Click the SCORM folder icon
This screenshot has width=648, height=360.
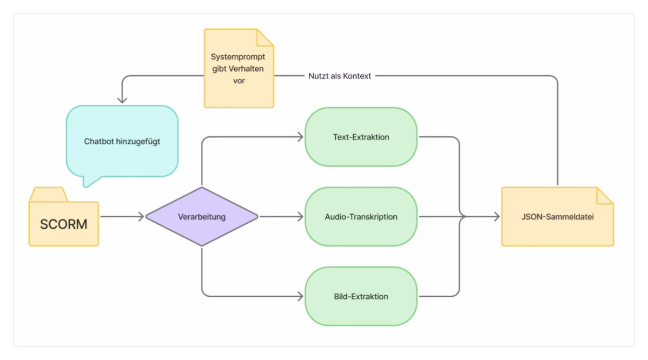pyautogui.click(x=64, y=223)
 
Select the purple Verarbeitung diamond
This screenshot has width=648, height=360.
pyautogui.click(x=202, y=217)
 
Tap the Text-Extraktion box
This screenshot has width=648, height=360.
pyautogui.click(x=361, y=137)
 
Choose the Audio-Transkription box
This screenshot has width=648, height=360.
pyautogui.click(x=361, y=217)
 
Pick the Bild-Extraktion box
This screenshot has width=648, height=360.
pyautogui.click(x=361, y=296)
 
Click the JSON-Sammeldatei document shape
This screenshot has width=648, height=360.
pyautogui.click(x=557, y=217)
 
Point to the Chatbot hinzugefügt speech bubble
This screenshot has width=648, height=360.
pyautogui.click(x=122, y=142)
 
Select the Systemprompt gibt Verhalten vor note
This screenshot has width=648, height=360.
pyautogui.click(x=238, y=68)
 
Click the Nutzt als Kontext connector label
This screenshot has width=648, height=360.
pyautogui.click(x=340, y=76)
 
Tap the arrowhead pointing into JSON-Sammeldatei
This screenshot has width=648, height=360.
pyautogui.click(x=496, y=217)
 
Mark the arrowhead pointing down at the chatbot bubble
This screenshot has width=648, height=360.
pyautogui.click(x=122, y=99)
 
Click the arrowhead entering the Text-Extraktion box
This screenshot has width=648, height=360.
pyautogui.click(x=300, y=137)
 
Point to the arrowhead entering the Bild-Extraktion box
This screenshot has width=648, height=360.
pyautogui.click(x=300, y=296)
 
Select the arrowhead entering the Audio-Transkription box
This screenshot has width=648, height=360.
pyautogui.click(x=300, y=217)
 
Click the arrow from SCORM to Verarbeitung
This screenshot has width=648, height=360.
pyautogui.click(x=122, y=217)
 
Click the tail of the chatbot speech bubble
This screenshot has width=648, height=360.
pyautogui.click(x=88, y=182)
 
